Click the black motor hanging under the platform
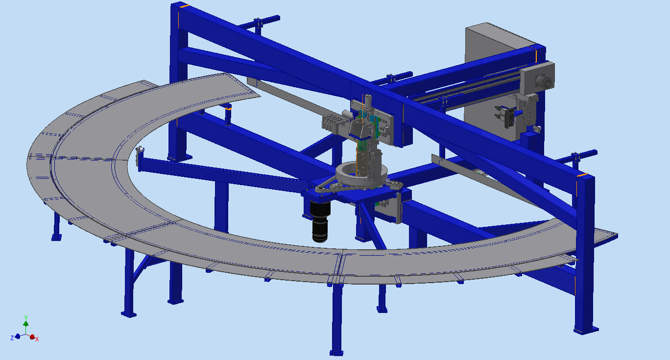pos(320,221)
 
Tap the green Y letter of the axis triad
pos(26,317)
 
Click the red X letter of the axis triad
pos(37,339)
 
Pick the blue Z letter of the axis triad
pos(12,338)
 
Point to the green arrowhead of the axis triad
pos(26,324)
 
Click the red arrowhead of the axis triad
pos(32,336)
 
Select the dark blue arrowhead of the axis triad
pos(18,336)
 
